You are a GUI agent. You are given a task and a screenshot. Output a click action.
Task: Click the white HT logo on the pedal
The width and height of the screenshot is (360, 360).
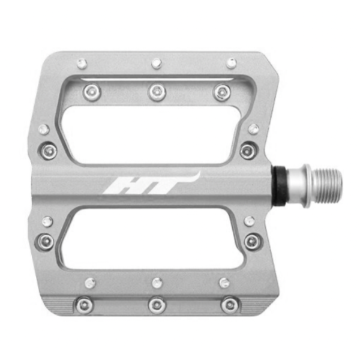click(152, 183)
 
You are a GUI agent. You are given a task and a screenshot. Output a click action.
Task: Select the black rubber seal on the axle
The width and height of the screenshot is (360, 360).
click(279, 186)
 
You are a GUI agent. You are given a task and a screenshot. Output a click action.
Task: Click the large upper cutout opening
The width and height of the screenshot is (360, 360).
click(152, 134)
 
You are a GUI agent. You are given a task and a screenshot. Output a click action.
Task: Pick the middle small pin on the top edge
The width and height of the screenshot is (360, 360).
click(157, 63)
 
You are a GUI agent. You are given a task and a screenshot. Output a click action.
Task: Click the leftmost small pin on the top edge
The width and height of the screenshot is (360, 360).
click(82, 64)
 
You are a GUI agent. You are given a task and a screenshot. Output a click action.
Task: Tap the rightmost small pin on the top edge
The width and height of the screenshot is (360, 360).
click(232, 63)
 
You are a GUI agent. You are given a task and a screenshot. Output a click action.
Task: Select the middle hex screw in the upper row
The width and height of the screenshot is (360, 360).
click(157, 92)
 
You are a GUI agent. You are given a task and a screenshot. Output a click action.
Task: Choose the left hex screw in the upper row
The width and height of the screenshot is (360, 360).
click(92, 92)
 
